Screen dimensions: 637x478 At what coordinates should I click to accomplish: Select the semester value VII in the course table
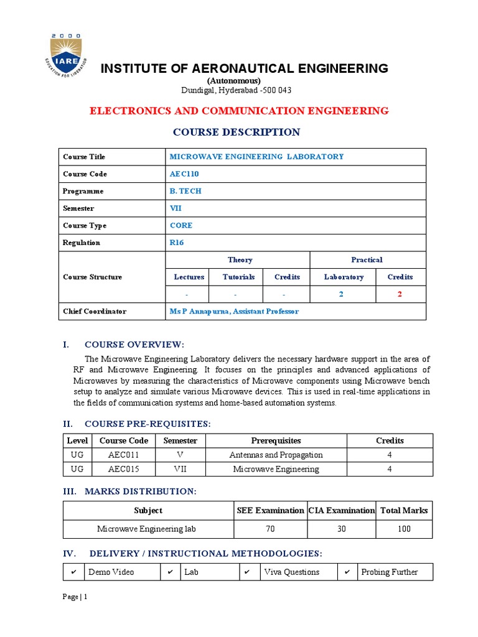point(176,208)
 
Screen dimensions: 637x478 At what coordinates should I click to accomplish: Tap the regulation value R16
point(177,243)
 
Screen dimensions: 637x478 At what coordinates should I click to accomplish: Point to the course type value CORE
point(181,225)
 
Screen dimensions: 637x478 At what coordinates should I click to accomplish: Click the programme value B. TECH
point(185,191)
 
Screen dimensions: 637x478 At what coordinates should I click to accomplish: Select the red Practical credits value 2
point(400,294)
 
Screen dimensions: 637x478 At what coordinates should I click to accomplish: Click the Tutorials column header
point(238,277)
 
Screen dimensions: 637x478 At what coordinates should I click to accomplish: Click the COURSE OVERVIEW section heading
point(134,345)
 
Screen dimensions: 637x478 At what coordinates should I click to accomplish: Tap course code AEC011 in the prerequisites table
point(123,455)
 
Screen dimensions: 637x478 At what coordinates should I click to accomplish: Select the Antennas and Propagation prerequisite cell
point(276,455)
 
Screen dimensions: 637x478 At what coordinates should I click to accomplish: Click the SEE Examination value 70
point(270,529)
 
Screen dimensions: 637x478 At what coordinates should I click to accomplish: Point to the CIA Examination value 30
point(342,529)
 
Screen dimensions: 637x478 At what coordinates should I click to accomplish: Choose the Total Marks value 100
point(404,529)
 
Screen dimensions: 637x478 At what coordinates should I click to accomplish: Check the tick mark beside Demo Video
point(73,572)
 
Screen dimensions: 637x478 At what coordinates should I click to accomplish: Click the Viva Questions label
point(291,572)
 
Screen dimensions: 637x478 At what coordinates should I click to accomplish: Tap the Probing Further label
point(389,572)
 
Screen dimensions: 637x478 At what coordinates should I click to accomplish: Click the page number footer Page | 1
point(75,597)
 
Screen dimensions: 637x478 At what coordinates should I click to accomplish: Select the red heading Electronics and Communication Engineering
point(239,111)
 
